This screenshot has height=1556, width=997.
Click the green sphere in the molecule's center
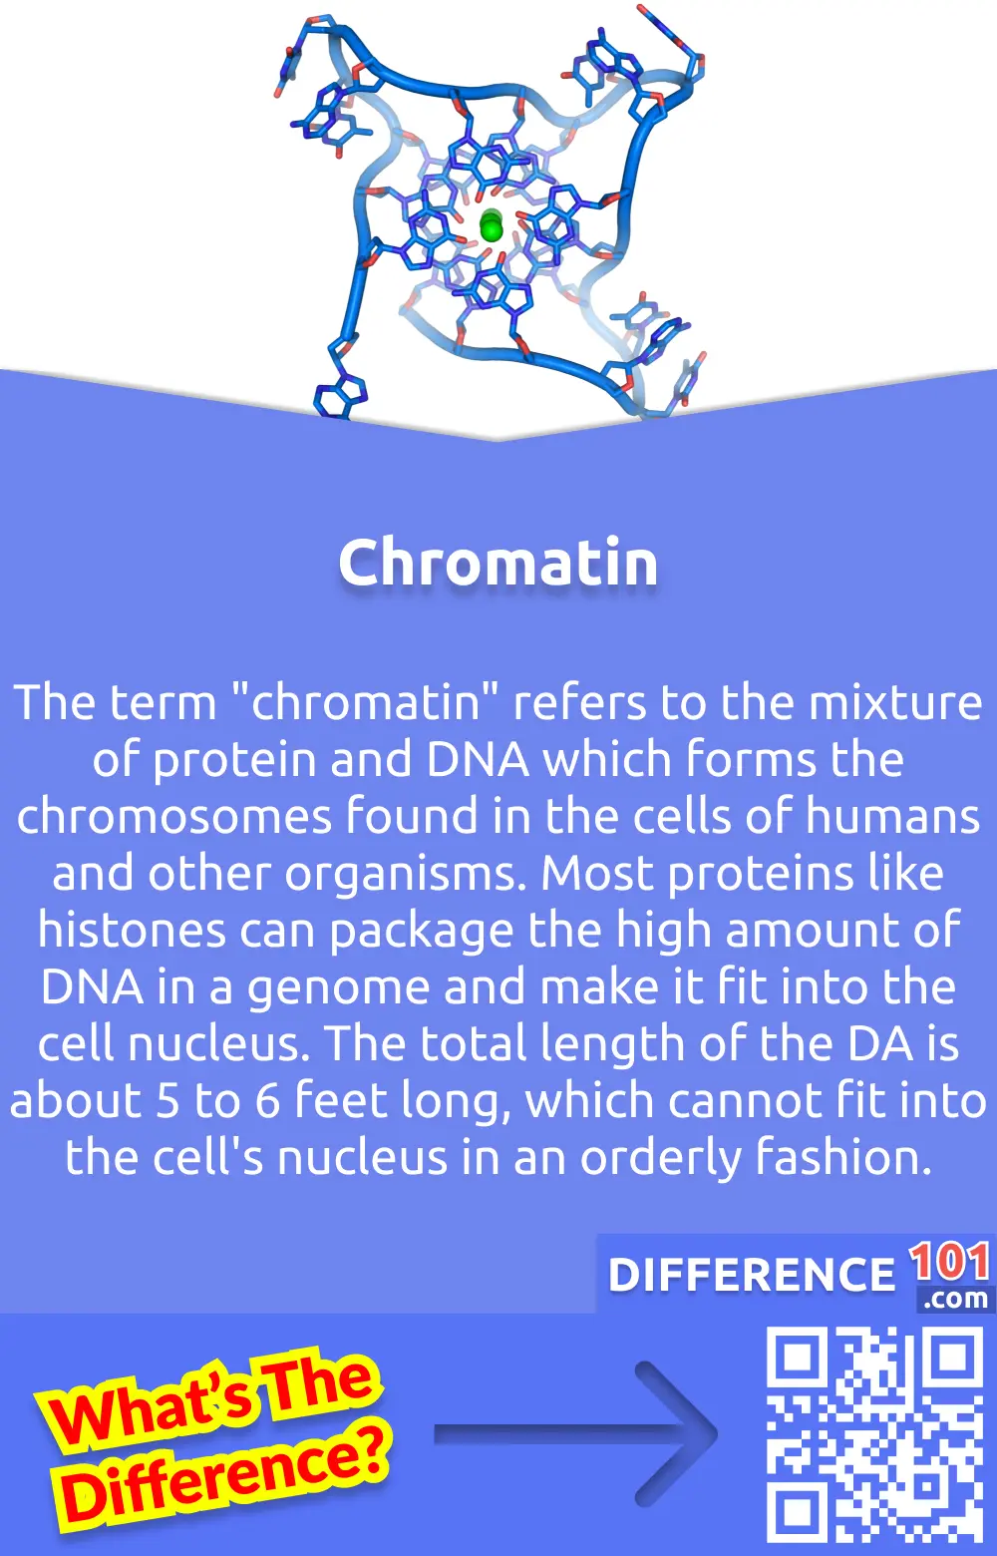pyautogui.click(x=491, y=226)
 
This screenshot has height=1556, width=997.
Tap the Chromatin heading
pyautogui.click(x=498, y=563)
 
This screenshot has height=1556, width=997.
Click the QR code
pyautogui.click(x=874, y=1433)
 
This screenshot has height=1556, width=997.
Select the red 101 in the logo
pyautogui.click(x=949, y=1262)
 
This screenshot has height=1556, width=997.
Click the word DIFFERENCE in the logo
pyautogui.click(x=752, y=1275)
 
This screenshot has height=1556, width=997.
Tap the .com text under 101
pyautogui.click(x=955, y=1299)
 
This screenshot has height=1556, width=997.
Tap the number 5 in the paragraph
pyautogui.click(x=167, y=1100)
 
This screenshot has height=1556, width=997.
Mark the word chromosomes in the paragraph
pyautogui.click(x=173, y=816)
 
